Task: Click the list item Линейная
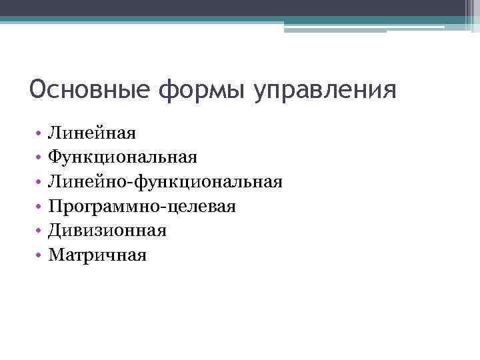coord(91,133)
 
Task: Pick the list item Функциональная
coord(122,157)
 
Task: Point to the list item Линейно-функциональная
coord(165,181)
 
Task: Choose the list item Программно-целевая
coord(141,206)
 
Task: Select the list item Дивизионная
coord(107,230)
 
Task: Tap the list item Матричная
coord(97,254)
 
